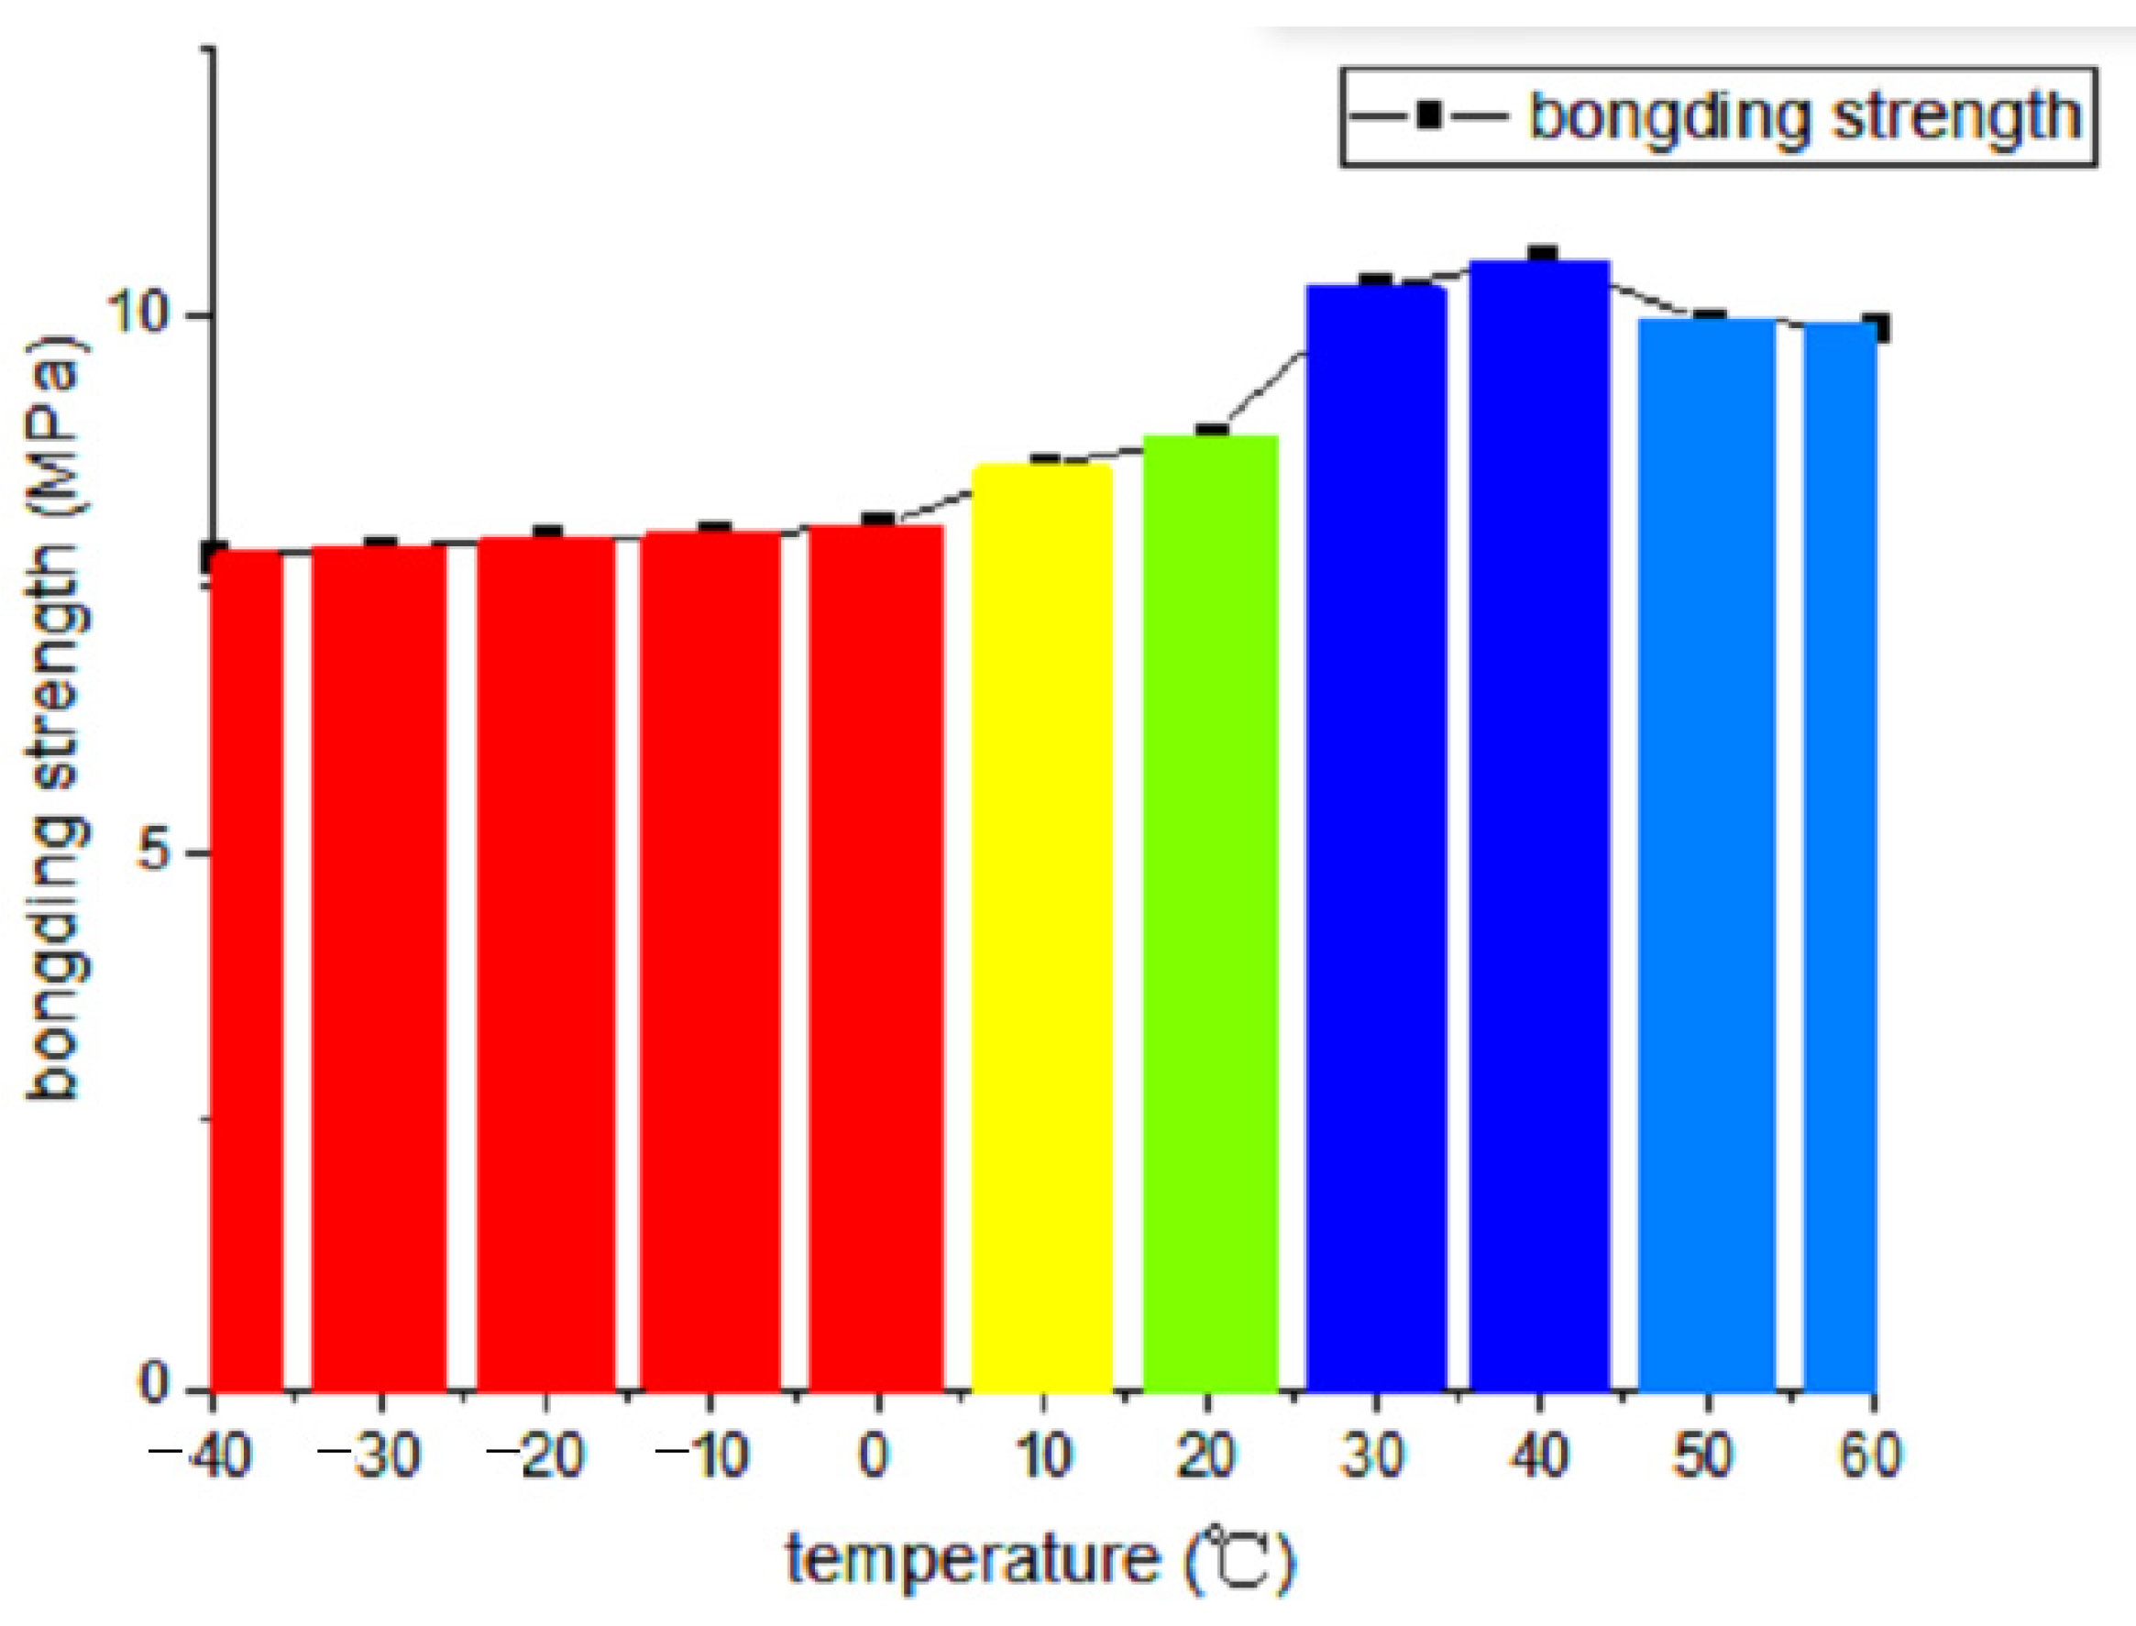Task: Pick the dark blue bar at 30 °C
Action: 1375,837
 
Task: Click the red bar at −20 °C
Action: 545,964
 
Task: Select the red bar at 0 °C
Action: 875,958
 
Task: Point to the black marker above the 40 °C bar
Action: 1542,256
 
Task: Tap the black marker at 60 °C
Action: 1876,328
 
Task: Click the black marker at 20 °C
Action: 1211,431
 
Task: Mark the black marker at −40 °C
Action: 214,556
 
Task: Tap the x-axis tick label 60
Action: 1870,1456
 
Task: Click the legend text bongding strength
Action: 1805,117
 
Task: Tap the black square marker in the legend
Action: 1428,116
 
